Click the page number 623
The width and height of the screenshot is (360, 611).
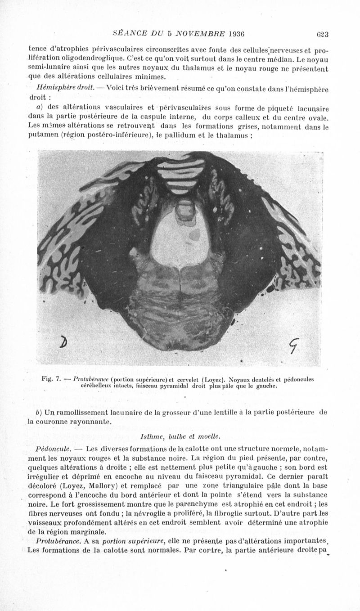click(323, 33)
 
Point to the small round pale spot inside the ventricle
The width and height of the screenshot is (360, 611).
click(196, 234)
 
